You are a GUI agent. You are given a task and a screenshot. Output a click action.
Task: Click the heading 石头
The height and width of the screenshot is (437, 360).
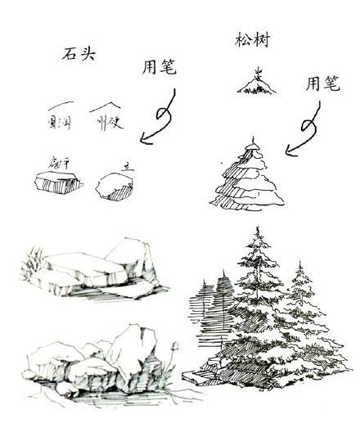coord(79,54)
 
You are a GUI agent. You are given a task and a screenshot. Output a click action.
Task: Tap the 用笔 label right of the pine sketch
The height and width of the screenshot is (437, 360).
coord(322,83)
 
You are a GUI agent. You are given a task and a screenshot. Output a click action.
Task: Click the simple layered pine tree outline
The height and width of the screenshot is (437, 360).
coord(250,178)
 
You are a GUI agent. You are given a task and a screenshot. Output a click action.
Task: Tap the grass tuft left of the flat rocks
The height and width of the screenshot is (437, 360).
coord(32,263)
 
